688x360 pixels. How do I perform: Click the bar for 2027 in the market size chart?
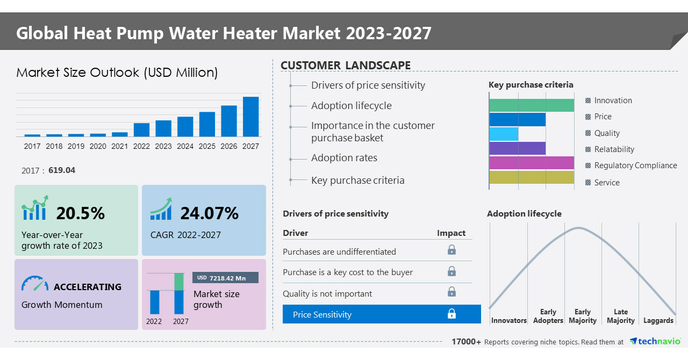tap(250, 117)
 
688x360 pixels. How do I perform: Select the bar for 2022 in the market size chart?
tap(141, 129)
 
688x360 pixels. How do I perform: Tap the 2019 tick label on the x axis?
tap(76, 146)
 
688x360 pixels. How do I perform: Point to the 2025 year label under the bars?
tap(207, 146)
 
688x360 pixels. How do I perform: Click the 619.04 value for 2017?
tap(62, 170)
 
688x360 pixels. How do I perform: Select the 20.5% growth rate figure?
tap(81, 213)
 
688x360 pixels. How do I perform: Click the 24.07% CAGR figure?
tap(209, 213)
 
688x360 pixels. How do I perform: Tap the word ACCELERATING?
tap(88, 287)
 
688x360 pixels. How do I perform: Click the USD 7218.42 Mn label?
tap(225, 278)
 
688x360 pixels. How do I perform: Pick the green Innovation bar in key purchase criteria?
tap(531, 105)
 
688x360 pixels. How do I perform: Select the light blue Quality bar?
tap(504, 134)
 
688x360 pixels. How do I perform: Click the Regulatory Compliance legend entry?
tap(635, 165)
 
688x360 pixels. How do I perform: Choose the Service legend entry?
tap(606, 183)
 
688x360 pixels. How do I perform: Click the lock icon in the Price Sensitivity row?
tap(451, 314)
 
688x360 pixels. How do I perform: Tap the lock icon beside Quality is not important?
tap(451, 292)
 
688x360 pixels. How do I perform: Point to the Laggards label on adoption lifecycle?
tap(658, 321)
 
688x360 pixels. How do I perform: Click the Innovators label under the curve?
tap(508, 321)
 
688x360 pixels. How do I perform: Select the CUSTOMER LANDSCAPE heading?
tap(346, 66)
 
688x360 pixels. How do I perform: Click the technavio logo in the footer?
tap(655, 342)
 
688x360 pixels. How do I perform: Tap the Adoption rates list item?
tap(344, 158)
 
